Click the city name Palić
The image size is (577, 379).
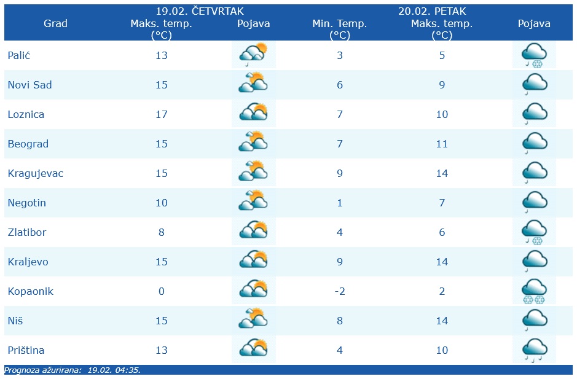tap(19, 55)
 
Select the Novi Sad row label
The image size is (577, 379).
tap(29, 85)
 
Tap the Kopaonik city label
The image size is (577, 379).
tap(30, 291)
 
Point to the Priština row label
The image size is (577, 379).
tap(26, 350)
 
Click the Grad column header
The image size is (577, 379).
tap(55, 23)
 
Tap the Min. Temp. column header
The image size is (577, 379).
tap(340, 24)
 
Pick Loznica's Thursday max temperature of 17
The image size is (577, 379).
tap(162, 114)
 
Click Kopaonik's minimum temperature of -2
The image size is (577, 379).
tap(339, 291)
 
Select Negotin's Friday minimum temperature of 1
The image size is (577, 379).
tap(340, 203)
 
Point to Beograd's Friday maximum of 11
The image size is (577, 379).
tap(442, 144)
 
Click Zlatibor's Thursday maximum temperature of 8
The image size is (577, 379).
tap(162, 232)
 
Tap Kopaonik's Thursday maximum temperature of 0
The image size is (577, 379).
tap(162, 291)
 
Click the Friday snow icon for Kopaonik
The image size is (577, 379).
tap(534, 291)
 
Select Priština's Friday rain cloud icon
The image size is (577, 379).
tap(534, 350)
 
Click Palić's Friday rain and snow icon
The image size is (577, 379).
tap(534, 55)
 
